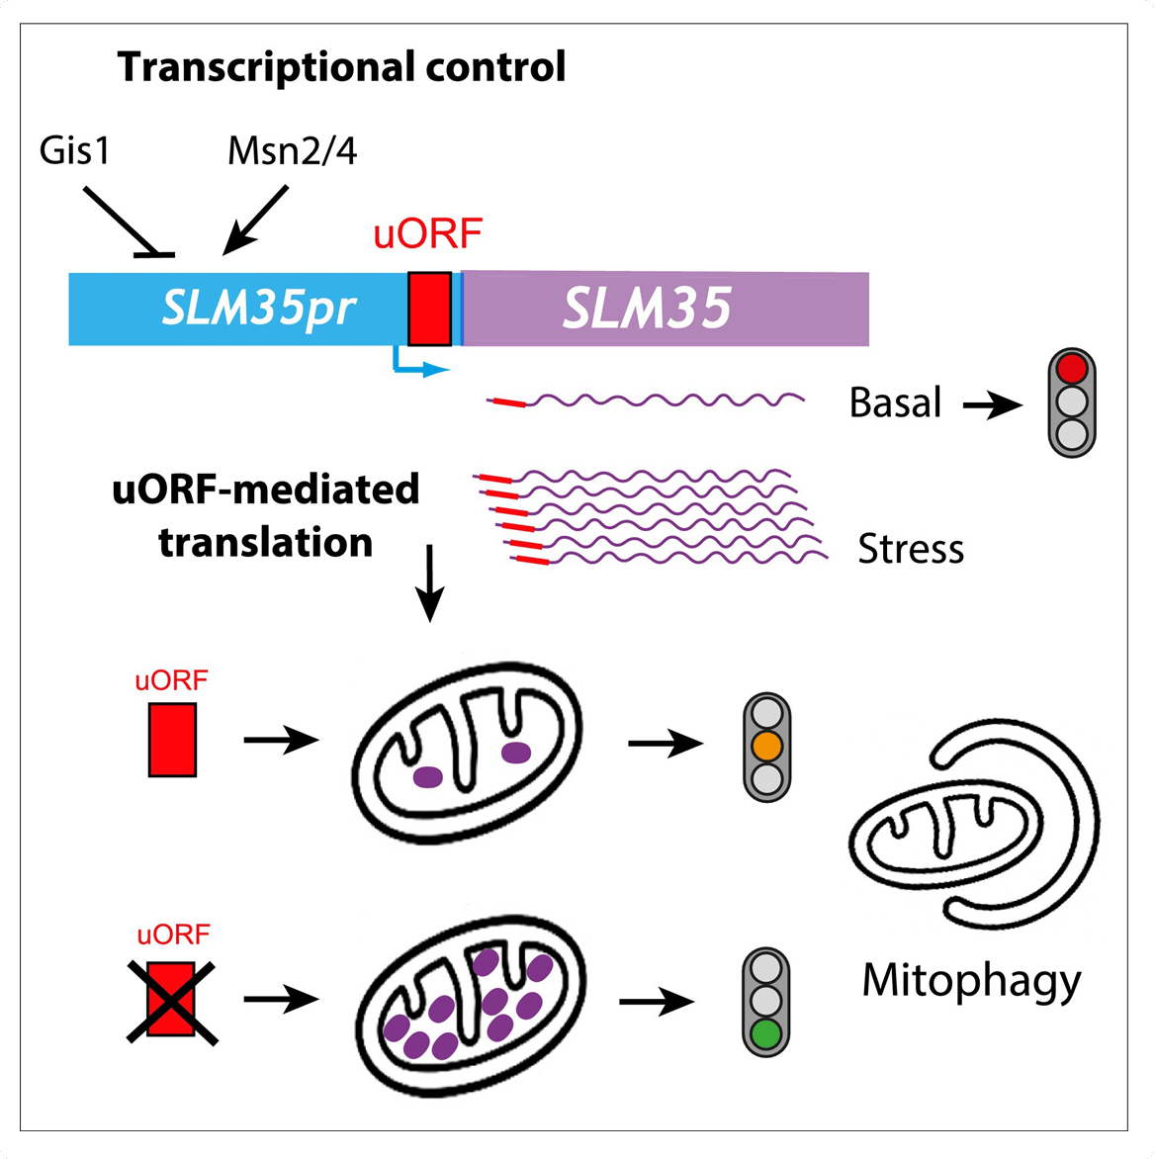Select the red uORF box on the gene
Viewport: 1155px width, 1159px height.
coord(429,309)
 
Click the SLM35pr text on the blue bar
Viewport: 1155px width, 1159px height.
coord(258,310)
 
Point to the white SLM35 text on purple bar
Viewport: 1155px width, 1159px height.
coord(647,310)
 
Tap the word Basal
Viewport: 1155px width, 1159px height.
coord(895,403)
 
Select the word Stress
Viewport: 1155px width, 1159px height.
coord(910,548)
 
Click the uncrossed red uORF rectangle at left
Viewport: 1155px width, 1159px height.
coord(172,739)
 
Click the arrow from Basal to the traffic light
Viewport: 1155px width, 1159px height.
coord(992,404)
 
